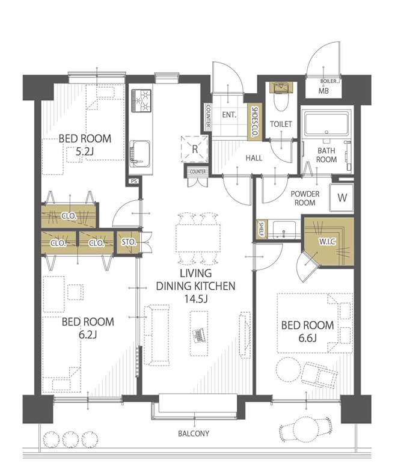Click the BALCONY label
[x=194, y=434]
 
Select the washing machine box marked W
[x=341, y=198]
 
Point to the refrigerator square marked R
[x=195, y=149]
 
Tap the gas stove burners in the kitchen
[x=141, y=100]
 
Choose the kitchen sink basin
[x=141, y=154]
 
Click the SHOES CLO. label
[x=254, y=121]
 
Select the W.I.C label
[x=327, y=242]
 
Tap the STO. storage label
[x=129, y=242]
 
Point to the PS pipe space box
[x=133, y=181]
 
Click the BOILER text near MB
[x=328, y=81]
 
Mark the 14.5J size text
[x=195, y=299]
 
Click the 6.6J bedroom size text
[x=307, y=338]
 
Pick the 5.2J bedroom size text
[x=85, y=152]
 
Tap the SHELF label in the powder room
[x=262, y=229]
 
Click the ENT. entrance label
[x=229, y=114]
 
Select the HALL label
[x=254, y=158]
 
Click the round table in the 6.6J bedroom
[x=288, y=369]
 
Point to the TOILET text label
[x=281, y=124]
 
